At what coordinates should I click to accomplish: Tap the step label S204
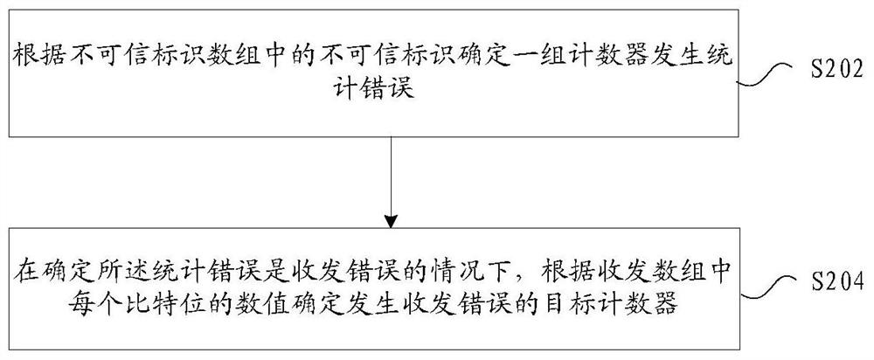(x=835, y=282)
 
